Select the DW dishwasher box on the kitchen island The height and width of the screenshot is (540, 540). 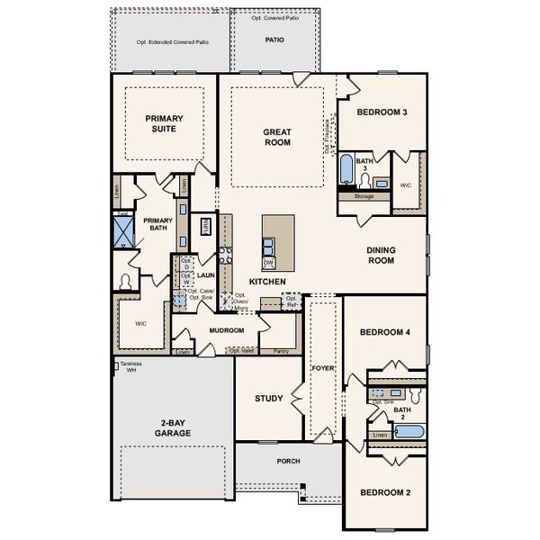point(268,262)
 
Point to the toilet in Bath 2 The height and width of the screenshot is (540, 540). point(415,395)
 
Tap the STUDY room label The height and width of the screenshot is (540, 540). point(269,398)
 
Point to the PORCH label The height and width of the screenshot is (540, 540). point(288,461)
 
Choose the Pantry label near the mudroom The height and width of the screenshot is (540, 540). point(279,351)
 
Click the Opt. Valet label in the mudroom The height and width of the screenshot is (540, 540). point(240,351)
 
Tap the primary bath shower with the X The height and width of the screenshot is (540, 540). point(121,229)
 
